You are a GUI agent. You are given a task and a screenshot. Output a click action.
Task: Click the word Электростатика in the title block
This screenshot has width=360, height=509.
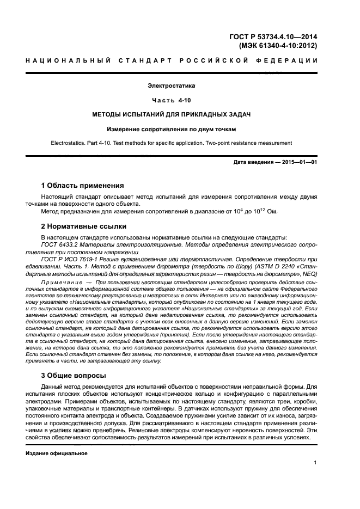coord(172,86)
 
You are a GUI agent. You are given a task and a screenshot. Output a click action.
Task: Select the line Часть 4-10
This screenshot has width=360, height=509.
coord(172,101)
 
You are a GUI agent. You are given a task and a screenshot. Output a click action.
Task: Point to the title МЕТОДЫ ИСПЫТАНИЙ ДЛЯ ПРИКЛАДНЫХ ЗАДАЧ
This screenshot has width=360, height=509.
coord(172,115)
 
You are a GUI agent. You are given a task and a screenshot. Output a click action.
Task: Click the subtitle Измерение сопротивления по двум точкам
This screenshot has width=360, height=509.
coord(172,130)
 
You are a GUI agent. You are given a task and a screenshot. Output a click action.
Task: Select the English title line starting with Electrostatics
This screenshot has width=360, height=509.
coord(172,143)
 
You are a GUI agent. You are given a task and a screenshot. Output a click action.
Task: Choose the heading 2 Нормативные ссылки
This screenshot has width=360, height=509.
coord(84,226)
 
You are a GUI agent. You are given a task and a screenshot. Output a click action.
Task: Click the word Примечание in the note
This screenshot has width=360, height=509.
coord(60,283)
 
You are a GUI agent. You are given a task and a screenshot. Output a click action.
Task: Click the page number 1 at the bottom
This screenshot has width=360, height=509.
coord(315,463)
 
